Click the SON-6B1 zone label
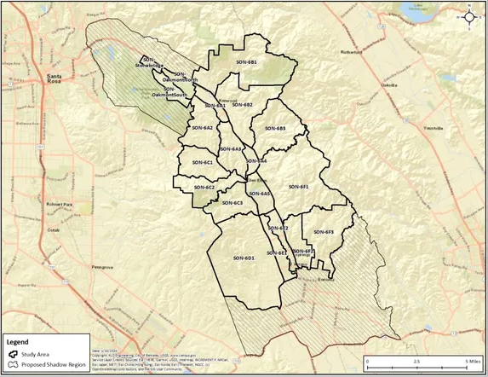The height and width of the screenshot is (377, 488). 246,62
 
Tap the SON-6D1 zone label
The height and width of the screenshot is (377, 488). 244,257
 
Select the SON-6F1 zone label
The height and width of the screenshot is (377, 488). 298,186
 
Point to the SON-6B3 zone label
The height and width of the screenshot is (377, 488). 275,128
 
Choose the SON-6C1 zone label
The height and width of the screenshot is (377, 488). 203,162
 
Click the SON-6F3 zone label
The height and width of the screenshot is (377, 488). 324,232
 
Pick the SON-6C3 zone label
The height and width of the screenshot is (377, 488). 233,203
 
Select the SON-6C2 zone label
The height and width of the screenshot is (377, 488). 204,187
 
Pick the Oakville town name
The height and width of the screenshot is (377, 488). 389,85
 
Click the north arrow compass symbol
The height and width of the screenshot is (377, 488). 468,15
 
